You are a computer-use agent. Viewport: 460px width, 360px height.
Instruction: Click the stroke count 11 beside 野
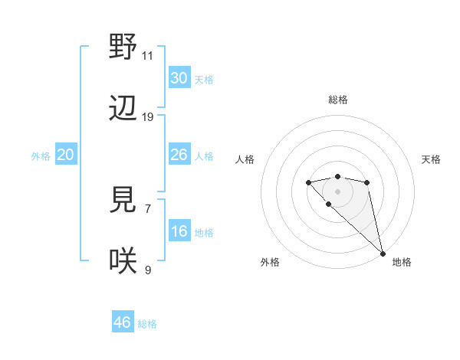click(x=147, y=56)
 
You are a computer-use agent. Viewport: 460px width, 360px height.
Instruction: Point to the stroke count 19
click(x=147, y=117)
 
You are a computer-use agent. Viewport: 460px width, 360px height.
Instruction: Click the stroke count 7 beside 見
click(x=147, y=208)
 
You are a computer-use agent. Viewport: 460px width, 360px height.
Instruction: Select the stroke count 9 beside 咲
click(x=147, y=270)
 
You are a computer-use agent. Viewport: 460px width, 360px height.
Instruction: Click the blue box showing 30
click(x=179, y=78)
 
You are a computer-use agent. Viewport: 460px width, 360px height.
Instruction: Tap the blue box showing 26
click(x=179, y=155)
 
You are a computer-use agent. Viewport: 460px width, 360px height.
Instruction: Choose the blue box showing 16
click(x=179, y=231)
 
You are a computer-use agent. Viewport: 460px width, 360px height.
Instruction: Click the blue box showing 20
click(x=65, y=155)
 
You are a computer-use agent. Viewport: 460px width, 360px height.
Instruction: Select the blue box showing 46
click(x=122, y=322)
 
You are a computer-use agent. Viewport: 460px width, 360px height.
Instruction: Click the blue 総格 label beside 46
click(x=147, y=324)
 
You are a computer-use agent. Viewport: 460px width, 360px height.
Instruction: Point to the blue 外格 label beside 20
click(x=41, y=156)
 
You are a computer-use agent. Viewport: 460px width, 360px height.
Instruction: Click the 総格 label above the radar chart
click(x=337, y=100)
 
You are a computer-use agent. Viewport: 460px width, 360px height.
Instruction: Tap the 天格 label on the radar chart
click(x=431, y=159)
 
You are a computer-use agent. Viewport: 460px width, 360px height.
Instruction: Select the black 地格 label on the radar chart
click(x=402, y=262)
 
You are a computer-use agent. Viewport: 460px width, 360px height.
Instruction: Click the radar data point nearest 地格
click(x=383, y=254)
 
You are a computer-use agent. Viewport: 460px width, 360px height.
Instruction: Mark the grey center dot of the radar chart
click(x=337, y=191)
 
